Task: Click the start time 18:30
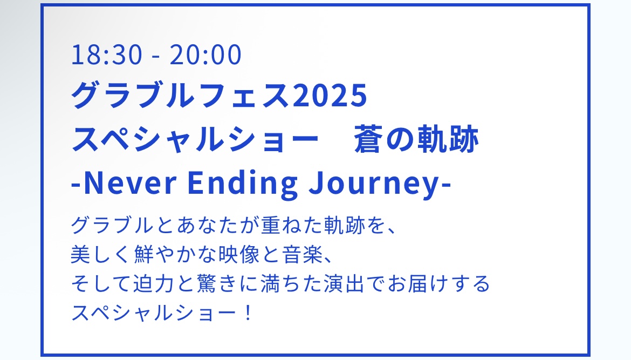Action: point(107,55)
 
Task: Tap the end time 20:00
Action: point(205,55)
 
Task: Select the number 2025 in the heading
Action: point(330,96)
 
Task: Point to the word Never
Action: point(130,184)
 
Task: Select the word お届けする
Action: point(438,283)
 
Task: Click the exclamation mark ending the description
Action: point(248,313)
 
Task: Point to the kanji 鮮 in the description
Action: point(144,255)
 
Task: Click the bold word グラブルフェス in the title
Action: point(181,96)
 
